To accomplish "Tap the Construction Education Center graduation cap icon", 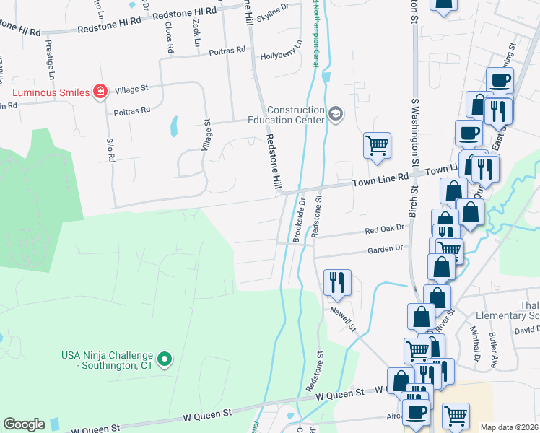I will pyautogui.click(x=335, y=114).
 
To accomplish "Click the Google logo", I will pyautogui.click(x=24, y=424).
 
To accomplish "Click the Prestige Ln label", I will pyautogui.click(x=50, y=59).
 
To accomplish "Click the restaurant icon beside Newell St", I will pyautogui.click(x=336, y=282).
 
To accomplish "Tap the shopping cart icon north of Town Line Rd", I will pyautogui.click(x=377, y=145).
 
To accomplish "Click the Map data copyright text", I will pyautogui.click(x=509, y=427).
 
